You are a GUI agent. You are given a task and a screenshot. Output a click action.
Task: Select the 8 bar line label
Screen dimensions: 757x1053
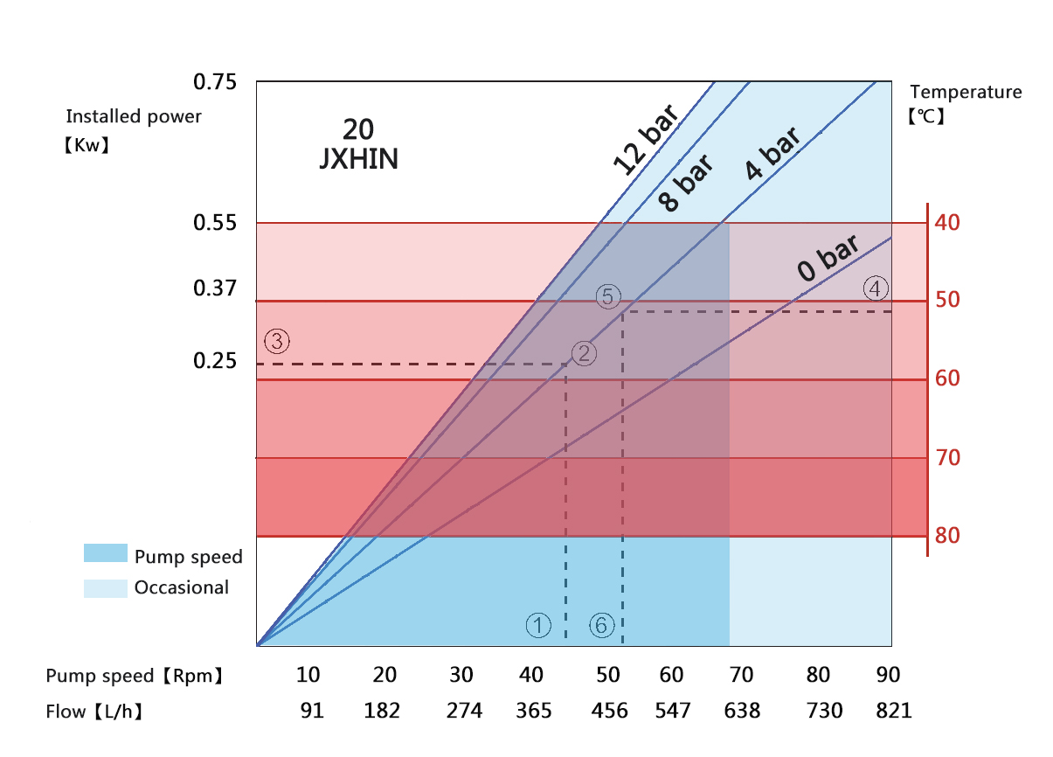[685, 184]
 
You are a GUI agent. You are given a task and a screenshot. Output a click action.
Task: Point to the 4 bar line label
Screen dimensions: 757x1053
[772, 154]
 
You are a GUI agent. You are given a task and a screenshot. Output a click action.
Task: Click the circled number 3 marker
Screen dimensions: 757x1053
[277, 342]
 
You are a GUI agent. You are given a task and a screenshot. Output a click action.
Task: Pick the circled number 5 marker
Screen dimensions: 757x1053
[609, 296]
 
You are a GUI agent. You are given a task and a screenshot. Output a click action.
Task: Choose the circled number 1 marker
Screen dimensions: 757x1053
[538, 625]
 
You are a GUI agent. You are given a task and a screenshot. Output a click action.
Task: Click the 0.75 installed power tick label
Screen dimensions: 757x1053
[215, 83]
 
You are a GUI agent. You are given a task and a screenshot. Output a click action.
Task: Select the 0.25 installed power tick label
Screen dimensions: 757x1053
[215, 361]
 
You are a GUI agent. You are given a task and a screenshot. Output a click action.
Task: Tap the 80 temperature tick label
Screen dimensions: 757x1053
[947, 535]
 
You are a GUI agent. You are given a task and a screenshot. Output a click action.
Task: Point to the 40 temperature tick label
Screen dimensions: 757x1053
[947, 222]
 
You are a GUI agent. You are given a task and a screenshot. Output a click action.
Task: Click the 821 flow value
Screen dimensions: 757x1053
[892, 711]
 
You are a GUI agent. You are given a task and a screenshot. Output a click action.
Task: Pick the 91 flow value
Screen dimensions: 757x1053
[312, 711]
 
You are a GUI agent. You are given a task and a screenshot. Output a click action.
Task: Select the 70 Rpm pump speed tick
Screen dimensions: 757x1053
[741, 675]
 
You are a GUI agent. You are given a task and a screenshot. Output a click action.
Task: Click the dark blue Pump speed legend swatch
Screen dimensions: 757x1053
[105, 552]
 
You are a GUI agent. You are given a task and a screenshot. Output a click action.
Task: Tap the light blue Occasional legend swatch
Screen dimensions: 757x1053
[105, 587]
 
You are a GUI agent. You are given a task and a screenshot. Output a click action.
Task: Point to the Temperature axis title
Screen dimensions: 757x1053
[966, 92]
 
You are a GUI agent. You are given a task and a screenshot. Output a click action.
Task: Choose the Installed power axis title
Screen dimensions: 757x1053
[134, 116]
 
